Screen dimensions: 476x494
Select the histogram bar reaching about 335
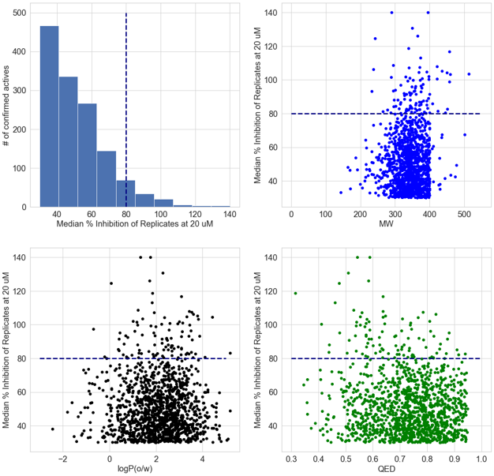pyautogui.click(x=68, y=142)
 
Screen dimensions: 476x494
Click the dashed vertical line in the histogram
pyautogui.click(x=126, y=111)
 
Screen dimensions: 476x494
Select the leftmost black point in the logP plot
pyautogui.click(x=53, y=429)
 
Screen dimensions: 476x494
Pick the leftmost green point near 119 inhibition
pyautogui.click(x=295, y=294)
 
